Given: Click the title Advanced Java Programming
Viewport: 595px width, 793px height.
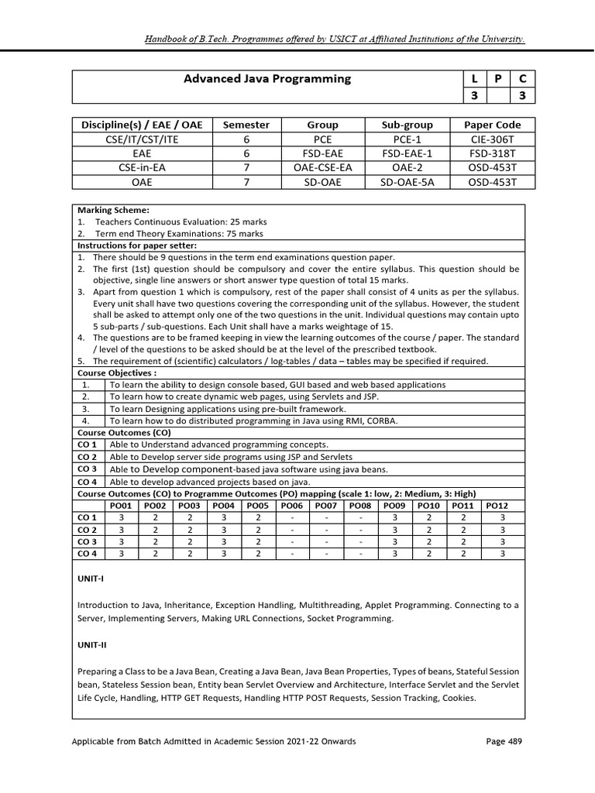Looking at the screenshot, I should [x=267, y=79].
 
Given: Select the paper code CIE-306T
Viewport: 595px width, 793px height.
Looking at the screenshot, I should [x=492, y=139].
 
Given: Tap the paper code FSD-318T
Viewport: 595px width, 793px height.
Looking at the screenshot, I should [x=492, y=153].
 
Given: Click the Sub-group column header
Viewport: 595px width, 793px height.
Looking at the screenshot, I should [x=407, y=125].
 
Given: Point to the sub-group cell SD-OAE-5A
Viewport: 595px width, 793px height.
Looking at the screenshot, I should [x=407, y=183].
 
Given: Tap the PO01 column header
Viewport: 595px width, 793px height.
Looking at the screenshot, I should [x=121, y=505].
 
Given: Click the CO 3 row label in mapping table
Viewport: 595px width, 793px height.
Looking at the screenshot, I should [x=88, y=541].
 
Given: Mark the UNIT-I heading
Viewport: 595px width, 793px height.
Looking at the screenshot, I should [x=89, y=578].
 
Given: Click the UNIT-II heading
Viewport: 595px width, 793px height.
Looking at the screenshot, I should [x=91, y=644].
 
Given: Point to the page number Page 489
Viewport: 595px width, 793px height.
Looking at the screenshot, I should [x=504, y=741].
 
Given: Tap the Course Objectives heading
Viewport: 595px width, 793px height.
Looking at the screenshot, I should [x=111, y=372].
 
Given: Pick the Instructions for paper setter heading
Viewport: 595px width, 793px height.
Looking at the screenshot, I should [x=136, y=245].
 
